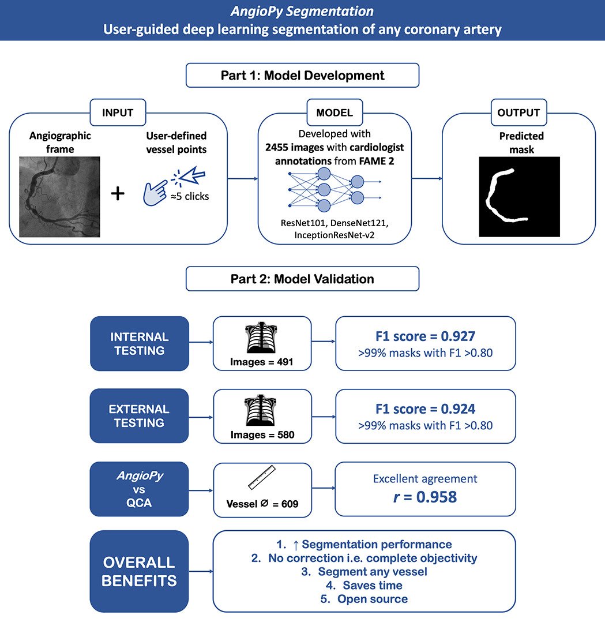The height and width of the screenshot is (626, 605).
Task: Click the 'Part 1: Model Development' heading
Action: click(302, 76)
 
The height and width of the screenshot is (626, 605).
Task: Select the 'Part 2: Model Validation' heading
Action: click(302, 279)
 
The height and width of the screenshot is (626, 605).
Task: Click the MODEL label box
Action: click(334, 113)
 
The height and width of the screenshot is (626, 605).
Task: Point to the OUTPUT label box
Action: click(519, 113)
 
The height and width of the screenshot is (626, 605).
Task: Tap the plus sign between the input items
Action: click(118, 193)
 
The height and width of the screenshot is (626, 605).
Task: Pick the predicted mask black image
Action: click(519, 197)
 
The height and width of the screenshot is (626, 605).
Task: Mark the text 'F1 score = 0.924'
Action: click(425, 408)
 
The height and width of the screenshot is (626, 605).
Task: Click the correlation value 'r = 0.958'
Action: click(425, 497)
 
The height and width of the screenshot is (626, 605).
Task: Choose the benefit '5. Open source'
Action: click(372, 599)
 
